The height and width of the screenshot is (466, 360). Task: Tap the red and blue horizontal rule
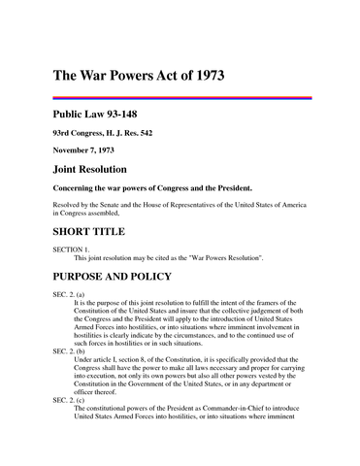181,97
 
